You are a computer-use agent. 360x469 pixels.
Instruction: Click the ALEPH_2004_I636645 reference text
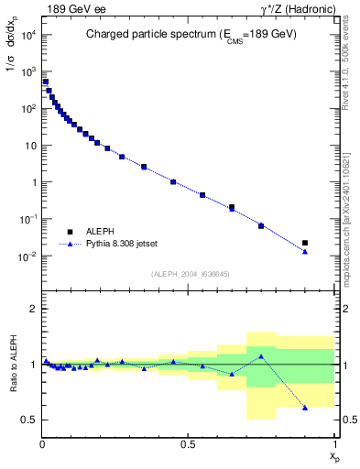point(190,273)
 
